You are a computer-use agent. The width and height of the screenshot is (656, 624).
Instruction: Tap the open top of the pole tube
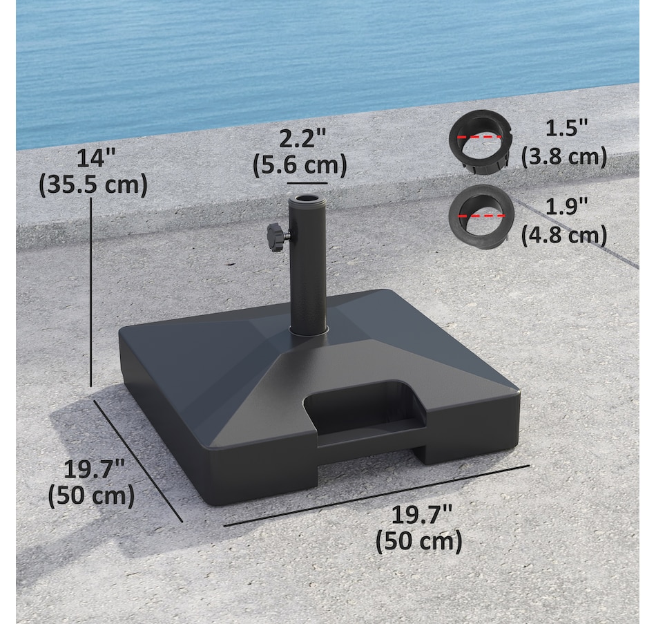pyautogui.click(x=307, y=198)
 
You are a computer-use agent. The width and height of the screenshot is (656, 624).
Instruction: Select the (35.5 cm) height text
pyautogui.click(x=93, y=185)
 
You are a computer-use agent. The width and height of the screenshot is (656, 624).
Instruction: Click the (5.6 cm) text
pyautogui.click(x=300, y=164)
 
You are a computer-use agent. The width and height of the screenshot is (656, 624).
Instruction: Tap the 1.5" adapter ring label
pyautogui.click(x=567, y=127)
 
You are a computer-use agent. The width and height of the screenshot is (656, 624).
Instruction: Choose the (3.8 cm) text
pyautogui.click(x=564, y=157)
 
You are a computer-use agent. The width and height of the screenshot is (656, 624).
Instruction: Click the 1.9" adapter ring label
pyautogui.click(x=567, y=207)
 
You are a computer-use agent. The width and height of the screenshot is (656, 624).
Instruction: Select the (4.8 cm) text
pyautogui.click(x=564, y=235)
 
